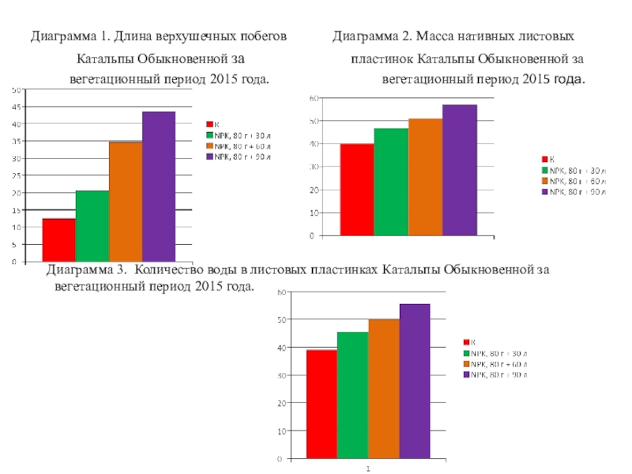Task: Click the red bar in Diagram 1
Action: coord(59,240)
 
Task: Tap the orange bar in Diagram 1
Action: coord(126,202)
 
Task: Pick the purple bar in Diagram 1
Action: coord(159,186)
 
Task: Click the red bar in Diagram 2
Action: coord(356,190)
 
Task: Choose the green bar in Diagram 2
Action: coord(391,182)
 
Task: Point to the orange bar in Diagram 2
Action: coord(425,177)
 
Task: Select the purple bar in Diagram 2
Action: coord(460,170)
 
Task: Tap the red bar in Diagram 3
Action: coord(322,404)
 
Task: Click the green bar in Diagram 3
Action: coord(352,395)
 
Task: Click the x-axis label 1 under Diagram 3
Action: coord(368,468)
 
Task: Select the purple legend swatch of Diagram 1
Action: coord(209,156)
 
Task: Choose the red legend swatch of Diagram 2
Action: coord(544,159)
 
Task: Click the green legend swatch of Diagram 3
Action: coord(465,353)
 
